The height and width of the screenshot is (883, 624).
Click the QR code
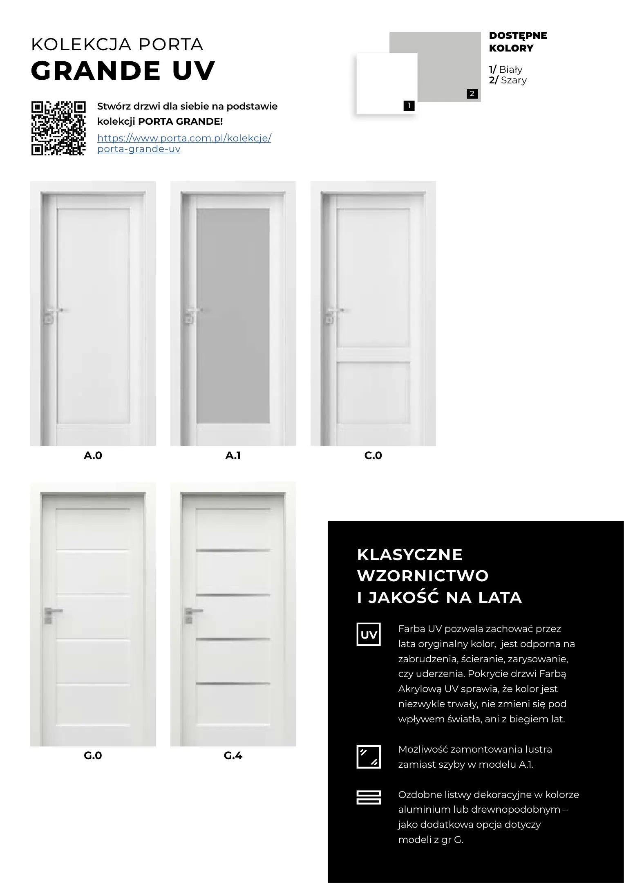[58, 128]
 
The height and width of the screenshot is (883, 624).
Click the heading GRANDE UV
[123, 71]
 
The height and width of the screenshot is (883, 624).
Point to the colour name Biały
[510, 69]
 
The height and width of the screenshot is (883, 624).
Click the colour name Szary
[513, 81]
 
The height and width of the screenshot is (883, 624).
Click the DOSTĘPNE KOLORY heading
[517, 42]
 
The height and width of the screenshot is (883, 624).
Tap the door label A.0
[93, 455]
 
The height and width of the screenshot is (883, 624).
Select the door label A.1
[233, 455]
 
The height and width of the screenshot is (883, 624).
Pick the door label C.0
[373, 455]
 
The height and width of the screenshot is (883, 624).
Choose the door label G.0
[93, 755]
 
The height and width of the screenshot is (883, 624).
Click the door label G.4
[233, 755]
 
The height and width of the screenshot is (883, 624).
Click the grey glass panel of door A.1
[233, 316]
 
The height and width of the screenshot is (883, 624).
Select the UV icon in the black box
[369, 635]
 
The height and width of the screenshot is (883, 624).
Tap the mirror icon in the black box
[369, 757]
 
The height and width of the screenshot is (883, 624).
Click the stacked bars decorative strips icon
[369, 797]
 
